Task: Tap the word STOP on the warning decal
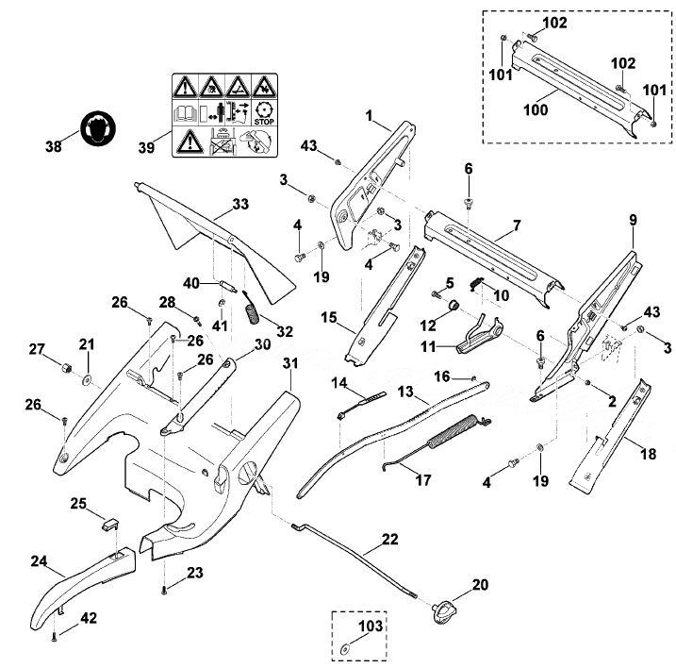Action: (x=264, y=122)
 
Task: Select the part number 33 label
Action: (x=240, y=203)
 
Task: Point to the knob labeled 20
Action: (x=443, y=612)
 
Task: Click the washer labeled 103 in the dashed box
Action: (x=346, y=648)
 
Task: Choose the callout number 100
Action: (x=536, y=109)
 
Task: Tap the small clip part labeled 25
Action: (x=111, y=525)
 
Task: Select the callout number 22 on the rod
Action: (x=389, y=539)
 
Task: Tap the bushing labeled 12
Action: (x=453, y=306)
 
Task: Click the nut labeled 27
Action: (x=66, y=369)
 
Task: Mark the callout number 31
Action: (x=290, y=363)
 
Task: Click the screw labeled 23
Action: (x=164, y=591)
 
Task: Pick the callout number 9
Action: (x=633, y=220)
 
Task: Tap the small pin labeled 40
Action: (x=228, y=287)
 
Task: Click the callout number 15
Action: (x=328, y=318)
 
